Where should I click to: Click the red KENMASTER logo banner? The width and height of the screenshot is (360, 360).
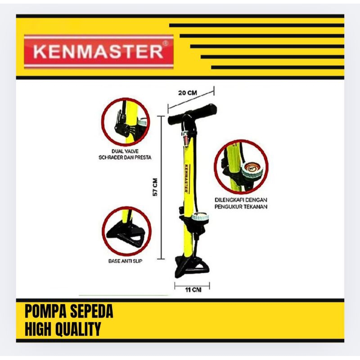coord(99,52)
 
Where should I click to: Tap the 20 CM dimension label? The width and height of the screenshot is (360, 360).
coord(187,93)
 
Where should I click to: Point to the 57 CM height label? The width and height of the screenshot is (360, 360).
coord(155,187)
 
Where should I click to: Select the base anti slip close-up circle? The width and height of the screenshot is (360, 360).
coord(125,230)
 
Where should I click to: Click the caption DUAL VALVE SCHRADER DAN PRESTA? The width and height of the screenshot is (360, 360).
coord(125,154)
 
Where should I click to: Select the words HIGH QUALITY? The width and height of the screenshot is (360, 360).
coord(63,329)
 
